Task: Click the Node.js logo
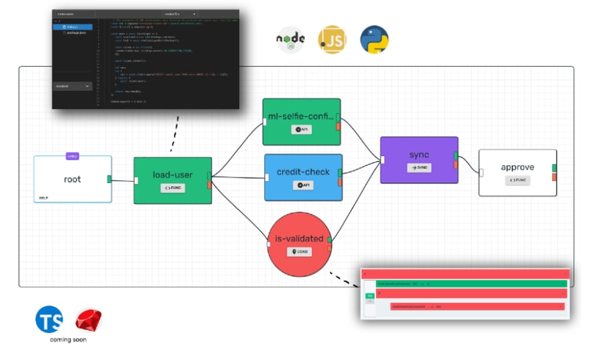coord(290,40)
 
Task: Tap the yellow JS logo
coord(331,40)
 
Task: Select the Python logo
coord(374,40)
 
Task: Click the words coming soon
coord(68,339)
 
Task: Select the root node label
coord(72,179)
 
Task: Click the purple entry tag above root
coord(72,156)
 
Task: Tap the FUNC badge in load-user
coord(173,188)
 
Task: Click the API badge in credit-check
coord(303,185)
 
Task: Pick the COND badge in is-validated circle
coord(299,252)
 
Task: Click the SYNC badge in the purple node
coord(419,168)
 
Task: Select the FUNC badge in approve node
coord(517,180)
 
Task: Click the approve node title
coord(518,167)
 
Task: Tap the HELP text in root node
coord(44,198)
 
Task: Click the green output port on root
coord(109,178)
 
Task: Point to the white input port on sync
coord(383,159)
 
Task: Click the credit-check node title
coord(303,172)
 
